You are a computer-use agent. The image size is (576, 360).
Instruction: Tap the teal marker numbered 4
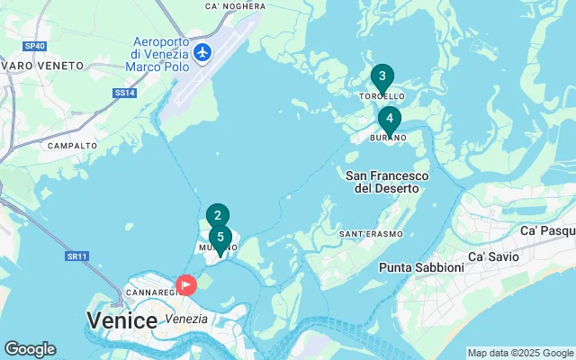[389, 119]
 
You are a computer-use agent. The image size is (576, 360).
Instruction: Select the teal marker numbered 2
[217, 216]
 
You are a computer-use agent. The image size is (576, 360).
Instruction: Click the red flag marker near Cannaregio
[185, 285]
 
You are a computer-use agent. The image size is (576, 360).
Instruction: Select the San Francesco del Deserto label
[386, 182]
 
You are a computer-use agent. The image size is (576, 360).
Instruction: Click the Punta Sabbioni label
[419, 267]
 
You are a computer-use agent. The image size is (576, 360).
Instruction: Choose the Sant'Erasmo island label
[369, 234]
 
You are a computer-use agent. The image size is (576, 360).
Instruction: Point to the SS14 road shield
[124, 92]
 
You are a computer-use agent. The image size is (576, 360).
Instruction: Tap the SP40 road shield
[35, 45]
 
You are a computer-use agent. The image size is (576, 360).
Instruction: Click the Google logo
[30, 349]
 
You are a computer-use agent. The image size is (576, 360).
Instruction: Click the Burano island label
[389, 138]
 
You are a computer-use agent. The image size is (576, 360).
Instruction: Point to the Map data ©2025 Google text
[520, 353]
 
